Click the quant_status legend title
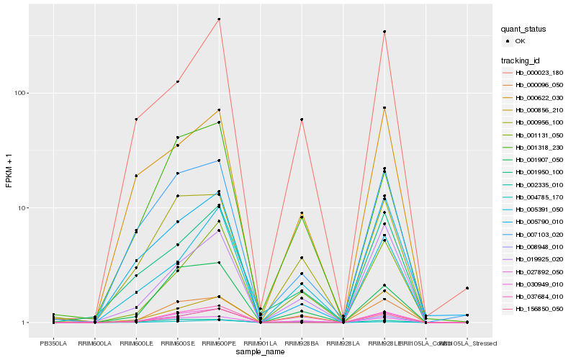(523, 29)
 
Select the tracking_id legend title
(521, 60)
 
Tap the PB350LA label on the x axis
(53, 343)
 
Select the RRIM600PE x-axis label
(218, 343)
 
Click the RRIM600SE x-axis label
(177, 343)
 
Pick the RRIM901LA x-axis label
(260, 343)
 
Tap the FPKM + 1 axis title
(9, 171)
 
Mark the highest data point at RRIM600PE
(219, 19)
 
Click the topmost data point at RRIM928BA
(302, 120)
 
